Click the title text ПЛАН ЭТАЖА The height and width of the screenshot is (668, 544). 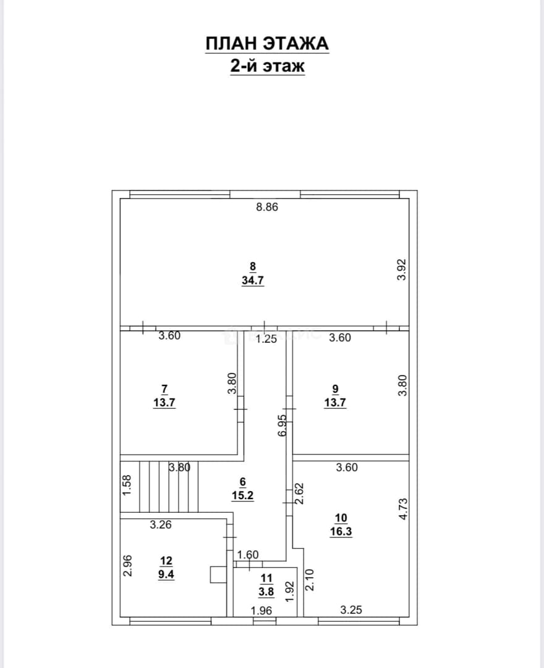point(267,44)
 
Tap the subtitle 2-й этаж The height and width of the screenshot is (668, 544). point(267,66)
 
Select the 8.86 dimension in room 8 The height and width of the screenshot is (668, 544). point(267,207)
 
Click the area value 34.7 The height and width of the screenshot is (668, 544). point(253,280)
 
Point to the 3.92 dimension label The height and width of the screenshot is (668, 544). point(402,270)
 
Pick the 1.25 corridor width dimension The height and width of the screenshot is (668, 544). point(266,339)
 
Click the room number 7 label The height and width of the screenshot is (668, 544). point(164,389)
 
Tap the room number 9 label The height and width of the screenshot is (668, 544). point(335,389)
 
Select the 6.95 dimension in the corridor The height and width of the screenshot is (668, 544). point(283,426)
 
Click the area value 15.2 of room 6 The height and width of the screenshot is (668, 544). point(242,495)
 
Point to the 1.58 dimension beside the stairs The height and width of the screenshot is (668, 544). point(127,486)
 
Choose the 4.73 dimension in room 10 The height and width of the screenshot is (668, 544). point(402,508)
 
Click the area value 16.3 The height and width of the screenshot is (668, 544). point(341,532)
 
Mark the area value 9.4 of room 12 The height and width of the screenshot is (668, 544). point(166,574)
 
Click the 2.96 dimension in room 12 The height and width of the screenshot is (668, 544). point(127,565)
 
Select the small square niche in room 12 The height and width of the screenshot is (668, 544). point(218,574)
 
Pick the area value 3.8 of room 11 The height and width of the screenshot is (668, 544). point(266,592)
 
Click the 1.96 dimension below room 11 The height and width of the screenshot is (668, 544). point(261,611)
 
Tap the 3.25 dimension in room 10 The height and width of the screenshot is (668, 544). point(351,610)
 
